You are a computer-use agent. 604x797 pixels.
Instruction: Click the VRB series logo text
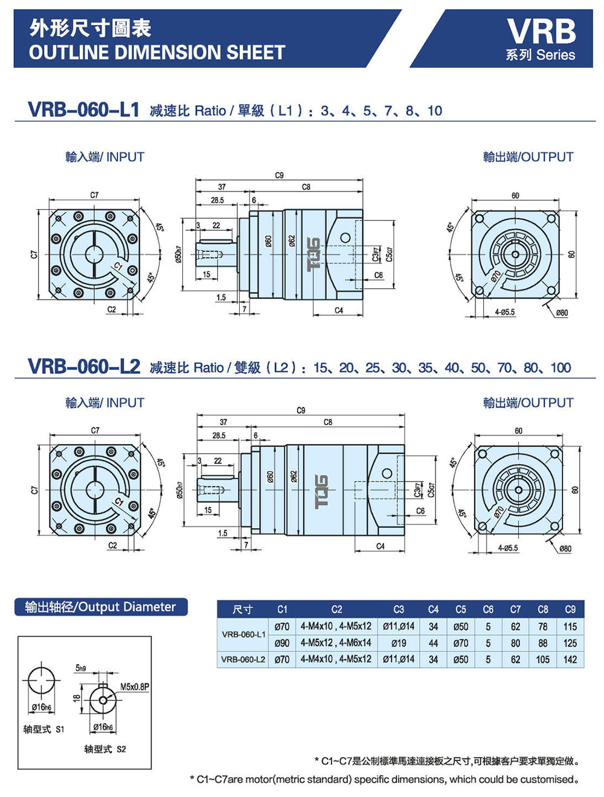click(x=541, y=31)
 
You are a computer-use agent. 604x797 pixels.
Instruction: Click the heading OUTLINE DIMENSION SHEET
click(x=156, y=53)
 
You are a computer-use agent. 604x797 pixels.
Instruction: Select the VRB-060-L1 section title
click(x=83, y=110)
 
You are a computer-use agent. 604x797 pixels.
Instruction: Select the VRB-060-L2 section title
click(x=83, y=367)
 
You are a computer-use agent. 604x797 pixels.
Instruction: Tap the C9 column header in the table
click(x=570, y=609)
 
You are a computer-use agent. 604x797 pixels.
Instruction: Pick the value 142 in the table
click(x=570, y=659)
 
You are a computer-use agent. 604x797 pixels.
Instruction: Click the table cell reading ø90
click(x=282, y=643)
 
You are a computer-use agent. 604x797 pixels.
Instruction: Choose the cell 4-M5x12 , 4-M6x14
click(x=336, y=643)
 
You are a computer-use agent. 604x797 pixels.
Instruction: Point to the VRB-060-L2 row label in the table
click(x=243, y=659)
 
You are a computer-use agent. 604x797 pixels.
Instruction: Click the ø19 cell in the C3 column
click(x=399, y=643)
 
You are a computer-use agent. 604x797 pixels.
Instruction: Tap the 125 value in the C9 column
click(x=570, y=643)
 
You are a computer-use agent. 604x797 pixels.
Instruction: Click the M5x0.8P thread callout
click(x=134, y=686)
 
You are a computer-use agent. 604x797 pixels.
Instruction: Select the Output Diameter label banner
click(x=100, y=607)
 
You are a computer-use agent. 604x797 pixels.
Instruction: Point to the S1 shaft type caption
click(x=43, y=729)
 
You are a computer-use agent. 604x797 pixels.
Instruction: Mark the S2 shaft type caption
click(x=105, y=749)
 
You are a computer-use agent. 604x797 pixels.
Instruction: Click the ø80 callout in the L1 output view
click(x=561, y=312)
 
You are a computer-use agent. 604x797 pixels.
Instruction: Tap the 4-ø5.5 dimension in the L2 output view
click(x=507, y=548)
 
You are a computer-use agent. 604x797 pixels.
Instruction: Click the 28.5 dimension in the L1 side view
click(x=217, y=200)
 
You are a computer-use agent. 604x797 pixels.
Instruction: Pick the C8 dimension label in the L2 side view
click(x=328, y=422)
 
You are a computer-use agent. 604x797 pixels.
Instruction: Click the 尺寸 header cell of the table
click(x=243, y=609)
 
